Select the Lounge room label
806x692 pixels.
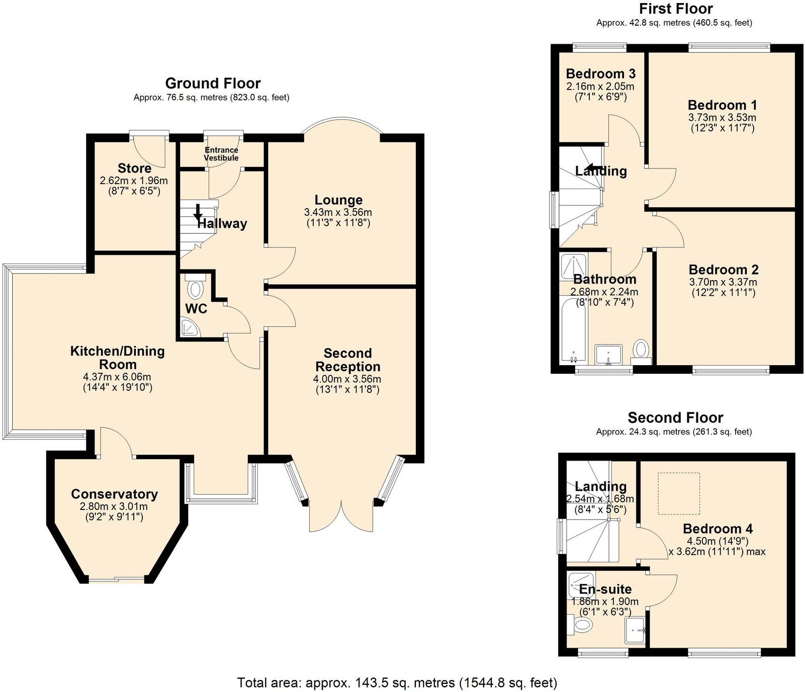coord(338,200)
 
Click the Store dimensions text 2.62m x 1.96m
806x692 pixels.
coord(134,181)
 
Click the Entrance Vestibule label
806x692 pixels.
coord(221,154)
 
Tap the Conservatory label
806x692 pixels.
coord(114,494)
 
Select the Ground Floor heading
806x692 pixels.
coord(213,83)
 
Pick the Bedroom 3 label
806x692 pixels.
coord(601,73)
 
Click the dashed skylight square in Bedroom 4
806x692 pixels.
coord(679,493)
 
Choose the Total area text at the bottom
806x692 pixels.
coord(397,682)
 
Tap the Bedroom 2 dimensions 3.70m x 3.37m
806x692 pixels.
coord(723,282)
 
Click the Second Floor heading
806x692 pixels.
coord(675,417)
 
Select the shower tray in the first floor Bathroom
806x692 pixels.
coord(574,266)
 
